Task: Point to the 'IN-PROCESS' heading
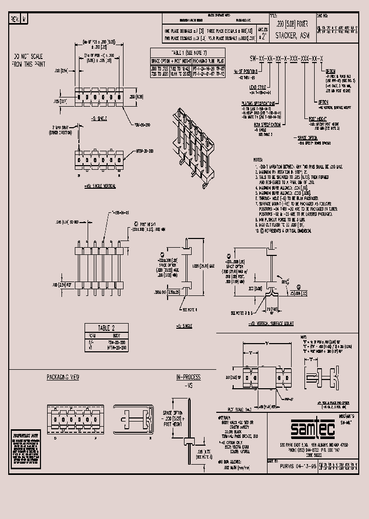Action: tap(188, 377)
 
